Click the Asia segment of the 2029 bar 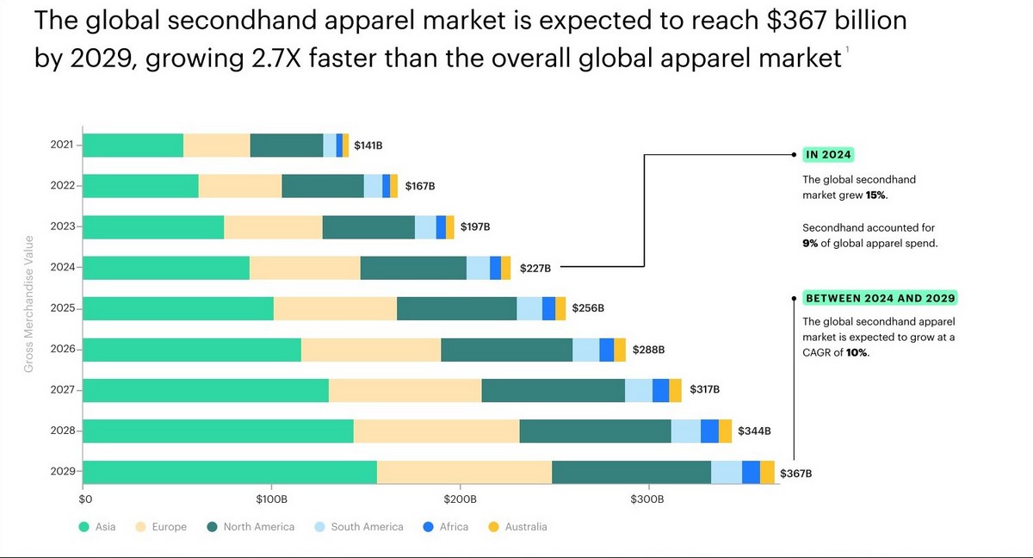tap(230, 472)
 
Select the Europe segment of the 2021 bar tap(216, 146)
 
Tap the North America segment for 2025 tap(456, 308)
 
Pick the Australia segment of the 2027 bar tap(675, 390)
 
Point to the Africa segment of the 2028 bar tap(709, 431)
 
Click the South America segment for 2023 tap(425, 227)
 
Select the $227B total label tap(535, 269)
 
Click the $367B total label tap(795, 474)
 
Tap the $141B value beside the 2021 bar tap(368, 146)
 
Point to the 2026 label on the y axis tap(63, 350)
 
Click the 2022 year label tap(63, 186)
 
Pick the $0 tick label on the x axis tap(85, 499)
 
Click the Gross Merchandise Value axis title tap(28, 303)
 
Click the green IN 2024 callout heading tap(827, 155)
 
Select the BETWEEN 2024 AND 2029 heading tap(880, 298)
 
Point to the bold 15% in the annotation tap(875, 195)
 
